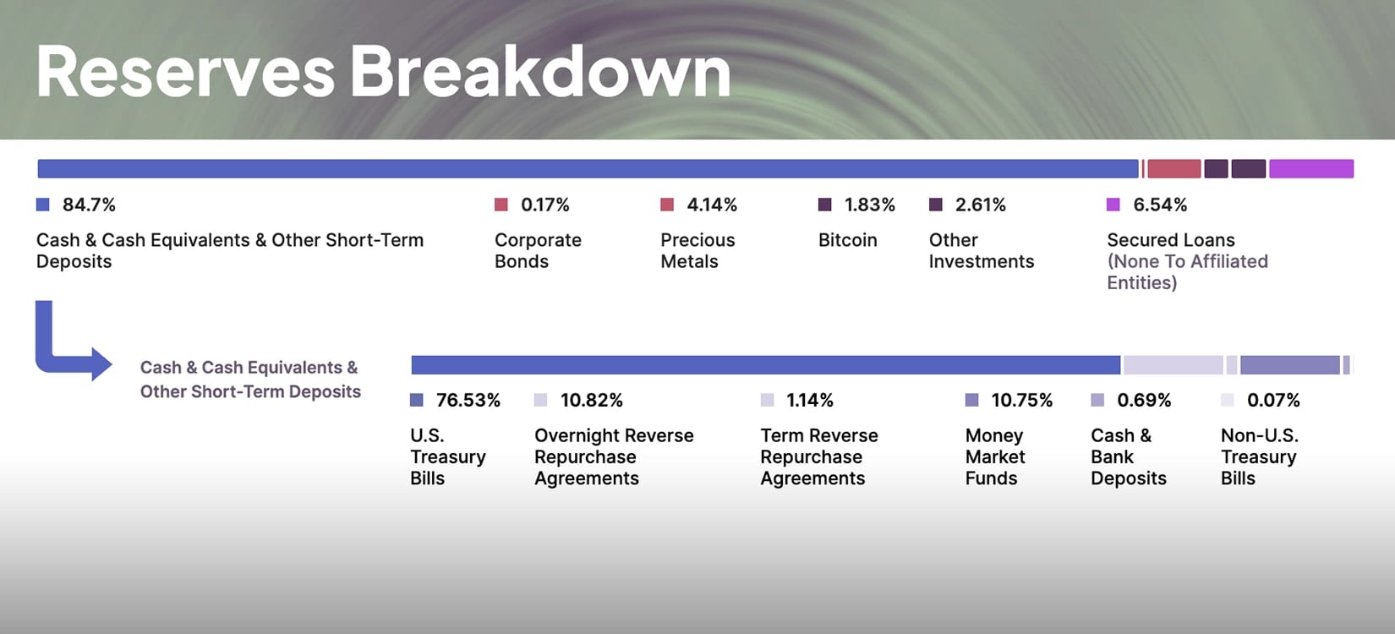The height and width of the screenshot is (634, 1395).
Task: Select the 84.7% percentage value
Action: coord(89,205)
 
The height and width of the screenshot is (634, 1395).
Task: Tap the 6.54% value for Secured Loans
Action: coord(1160,205)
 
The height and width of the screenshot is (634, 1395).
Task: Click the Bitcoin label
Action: coord(847,240)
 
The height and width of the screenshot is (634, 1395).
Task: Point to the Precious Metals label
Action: coord(697,250)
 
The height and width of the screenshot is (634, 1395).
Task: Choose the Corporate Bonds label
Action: coord(538,250)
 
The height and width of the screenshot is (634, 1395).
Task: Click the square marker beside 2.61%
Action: coord(935,205)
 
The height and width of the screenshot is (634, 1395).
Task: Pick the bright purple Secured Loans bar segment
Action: coord(1310,169)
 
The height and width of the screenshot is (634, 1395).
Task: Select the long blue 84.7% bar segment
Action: coord(588,169)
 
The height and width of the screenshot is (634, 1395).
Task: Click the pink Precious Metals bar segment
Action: coord(1173,169)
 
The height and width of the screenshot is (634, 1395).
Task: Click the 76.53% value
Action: coord(468,400)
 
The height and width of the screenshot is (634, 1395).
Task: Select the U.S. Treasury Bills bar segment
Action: coord(765,365)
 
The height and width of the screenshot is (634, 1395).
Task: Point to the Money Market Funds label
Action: coord(995,456)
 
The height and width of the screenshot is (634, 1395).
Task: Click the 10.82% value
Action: coord(591,400)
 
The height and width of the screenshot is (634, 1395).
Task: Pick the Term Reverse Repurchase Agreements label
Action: coord(818,456)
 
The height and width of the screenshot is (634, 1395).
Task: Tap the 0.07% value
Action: coord(1273,400)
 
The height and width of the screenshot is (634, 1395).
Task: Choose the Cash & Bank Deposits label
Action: coord(1128,456)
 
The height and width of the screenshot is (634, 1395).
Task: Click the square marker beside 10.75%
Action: coord(971,400)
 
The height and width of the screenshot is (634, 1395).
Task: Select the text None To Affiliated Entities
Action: coord(1187,271)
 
